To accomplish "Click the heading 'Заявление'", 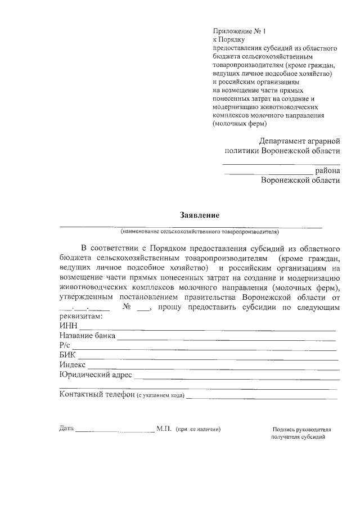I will (x=199, y=215).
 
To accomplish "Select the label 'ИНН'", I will (x=68, y=326).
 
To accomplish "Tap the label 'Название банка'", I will (x=87, y=336).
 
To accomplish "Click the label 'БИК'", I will (x=67, y=355).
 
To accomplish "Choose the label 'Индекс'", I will (x=72, y=365).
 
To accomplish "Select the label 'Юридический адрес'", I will (x=95, y=375).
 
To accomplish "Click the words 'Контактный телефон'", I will (x=97, y=394).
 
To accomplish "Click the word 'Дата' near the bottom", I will (x=66, y=429).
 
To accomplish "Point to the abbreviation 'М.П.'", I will (x=164, y=429).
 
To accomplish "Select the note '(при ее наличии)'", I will (x=198, y=429).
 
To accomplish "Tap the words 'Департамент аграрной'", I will (x=299, y=141).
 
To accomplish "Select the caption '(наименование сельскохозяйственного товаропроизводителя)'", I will (x=199, y=231).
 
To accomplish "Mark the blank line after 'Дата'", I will (x=115, y=431).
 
